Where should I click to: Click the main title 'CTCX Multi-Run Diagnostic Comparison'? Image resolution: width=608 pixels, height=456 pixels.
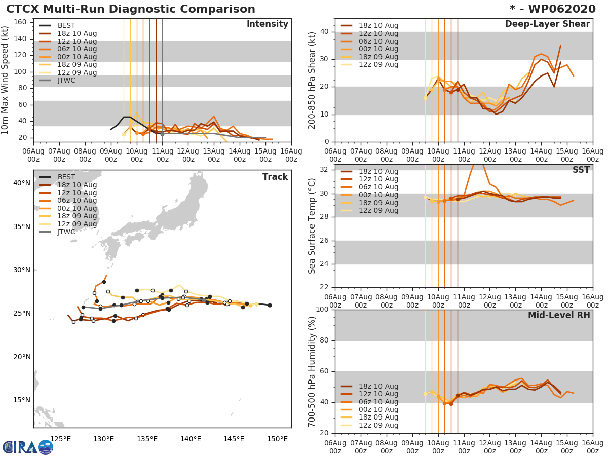(x=131, y=9)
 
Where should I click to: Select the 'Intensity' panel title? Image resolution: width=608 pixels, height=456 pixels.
(x=267, y=24)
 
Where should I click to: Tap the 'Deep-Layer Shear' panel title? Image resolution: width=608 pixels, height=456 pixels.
(x=547, y=24)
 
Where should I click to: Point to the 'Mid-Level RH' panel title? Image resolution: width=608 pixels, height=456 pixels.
(x=559, y=316)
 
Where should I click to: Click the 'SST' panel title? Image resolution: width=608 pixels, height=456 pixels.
(x=581, y=170)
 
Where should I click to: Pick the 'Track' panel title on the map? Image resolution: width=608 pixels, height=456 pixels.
(x=275, y=177)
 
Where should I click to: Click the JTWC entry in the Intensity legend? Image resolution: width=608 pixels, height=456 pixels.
(x=66, y=80)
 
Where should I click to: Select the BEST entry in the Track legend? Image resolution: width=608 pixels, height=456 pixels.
(x=67, y=177)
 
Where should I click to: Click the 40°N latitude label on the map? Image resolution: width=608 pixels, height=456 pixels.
(x=22, y=183)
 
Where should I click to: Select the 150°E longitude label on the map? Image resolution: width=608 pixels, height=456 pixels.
(x=278, y=439)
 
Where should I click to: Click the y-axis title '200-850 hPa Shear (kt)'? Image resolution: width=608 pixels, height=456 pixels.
(x=313, y=80)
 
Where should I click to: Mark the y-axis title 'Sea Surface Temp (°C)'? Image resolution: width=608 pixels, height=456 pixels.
(x=313, y=226)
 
